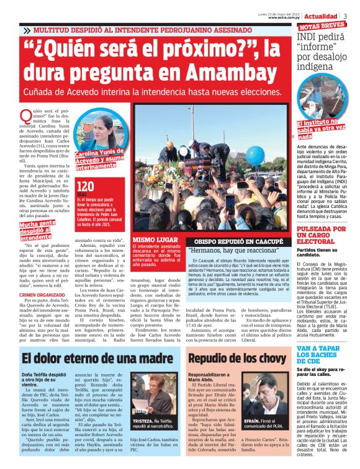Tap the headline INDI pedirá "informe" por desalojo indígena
click(323, 52)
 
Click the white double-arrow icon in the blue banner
click(27, 29)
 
